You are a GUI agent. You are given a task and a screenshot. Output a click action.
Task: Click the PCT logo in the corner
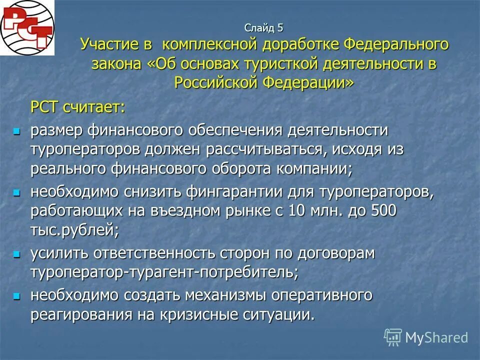pos(27,27)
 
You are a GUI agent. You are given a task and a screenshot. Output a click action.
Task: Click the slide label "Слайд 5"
pos(264,28)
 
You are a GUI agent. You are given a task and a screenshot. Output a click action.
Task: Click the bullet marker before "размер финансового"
pos(17,131)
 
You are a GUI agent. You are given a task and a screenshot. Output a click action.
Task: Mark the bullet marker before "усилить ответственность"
pos(17,254)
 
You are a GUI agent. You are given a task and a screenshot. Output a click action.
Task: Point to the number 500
pos(383,210)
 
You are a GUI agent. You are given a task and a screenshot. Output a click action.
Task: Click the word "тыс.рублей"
pos(74,229)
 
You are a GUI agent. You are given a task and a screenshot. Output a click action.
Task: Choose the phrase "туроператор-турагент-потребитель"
pos(164,272)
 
